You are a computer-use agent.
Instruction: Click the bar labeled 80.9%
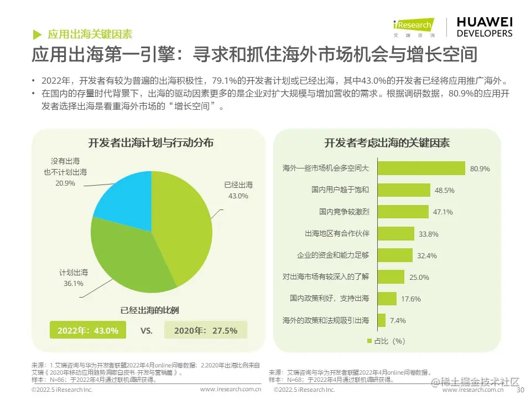421,168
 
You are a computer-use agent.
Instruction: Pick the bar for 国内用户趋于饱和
404,190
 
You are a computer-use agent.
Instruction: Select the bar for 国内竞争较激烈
403,212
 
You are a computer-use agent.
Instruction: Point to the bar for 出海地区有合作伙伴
395,233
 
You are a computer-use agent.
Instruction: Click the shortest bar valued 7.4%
381,320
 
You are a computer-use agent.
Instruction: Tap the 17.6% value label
411,299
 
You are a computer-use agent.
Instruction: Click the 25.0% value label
419,277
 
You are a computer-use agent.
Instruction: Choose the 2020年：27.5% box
206,330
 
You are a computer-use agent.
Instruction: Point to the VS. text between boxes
147,331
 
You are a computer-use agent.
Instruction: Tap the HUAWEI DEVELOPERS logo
484,26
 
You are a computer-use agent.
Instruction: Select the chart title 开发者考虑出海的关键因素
387,143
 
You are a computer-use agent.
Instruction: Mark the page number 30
519,390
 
